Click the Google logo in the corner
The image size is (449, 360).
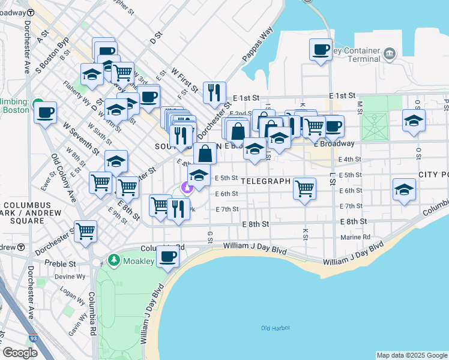point(20,353)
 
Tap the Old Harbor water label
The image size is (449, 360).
point(276,328)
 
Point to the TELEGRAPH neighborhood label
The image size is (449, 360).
point(266,181)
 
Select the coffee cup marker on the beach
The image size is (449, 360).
point(167,257)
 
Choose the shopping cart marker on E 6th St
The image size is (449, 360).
point(304,188)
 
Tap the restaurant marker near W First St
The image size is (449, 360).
point(214,92)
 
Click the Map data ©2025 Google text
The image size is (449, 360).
point(412,355)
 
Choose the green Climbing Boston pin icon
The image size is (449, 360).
point(37,103)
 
